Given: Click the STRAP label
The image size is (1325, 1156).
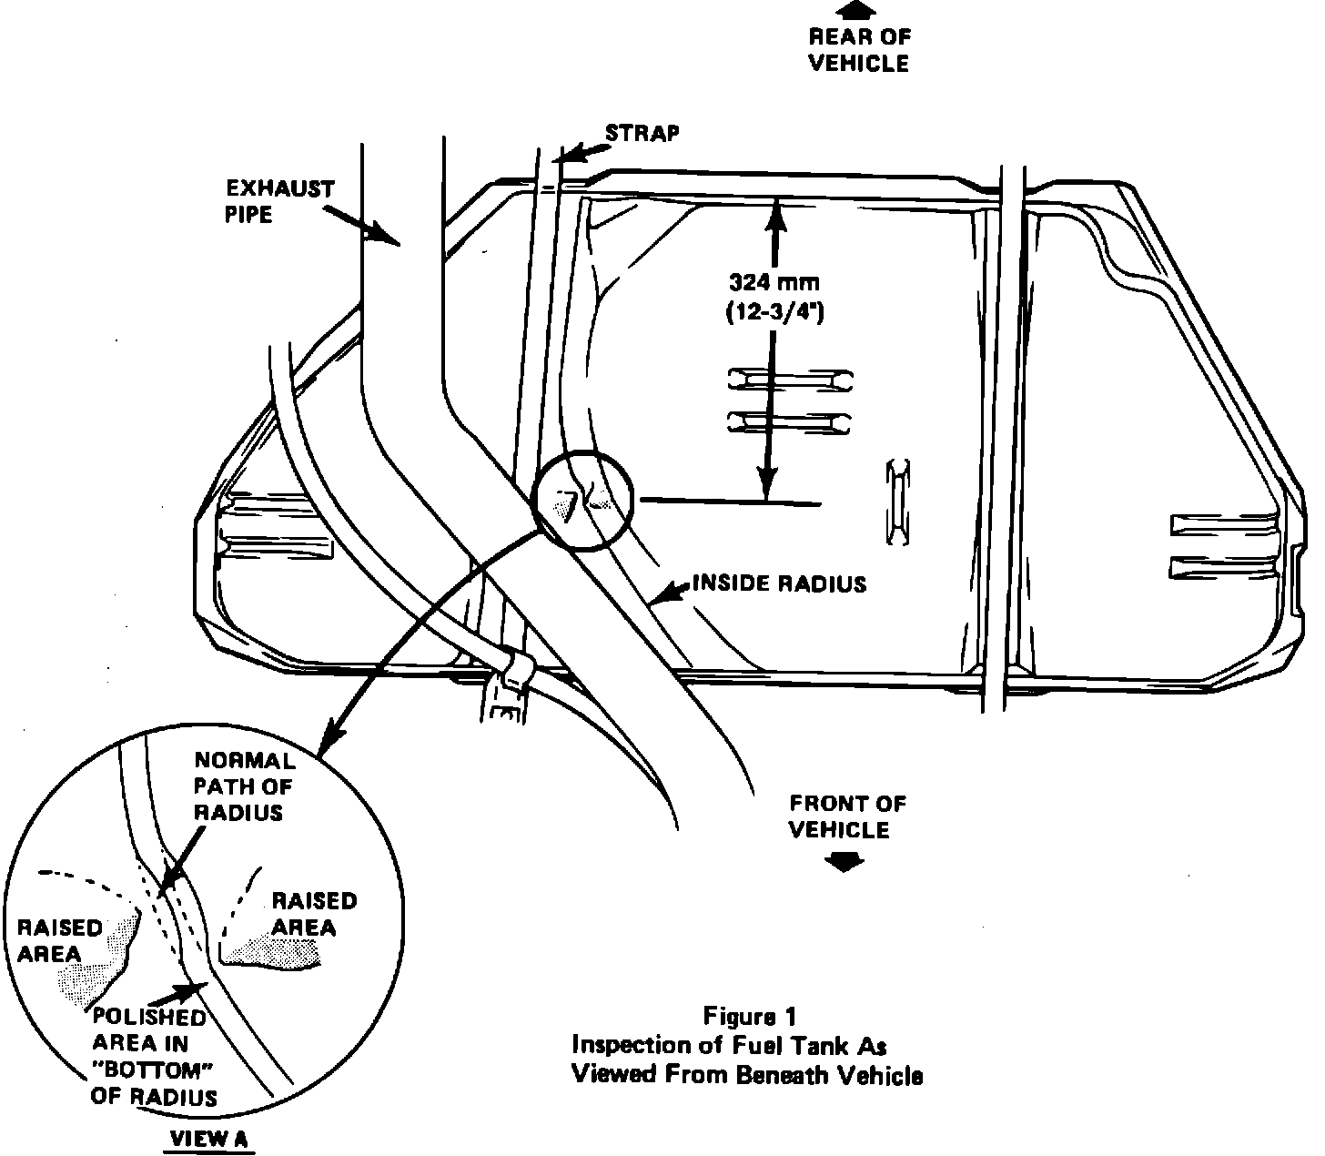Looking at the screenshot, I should (x=642, y=133).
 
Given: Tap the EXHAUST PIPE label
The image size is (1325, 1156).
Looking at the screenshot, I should (x=280, y=202).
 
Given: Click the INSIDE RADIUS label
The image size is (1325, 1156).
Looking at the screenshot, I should (x=780, y=583).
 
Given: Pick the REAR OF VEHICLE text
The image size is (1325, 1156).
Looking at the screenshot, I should (x=858, y=50).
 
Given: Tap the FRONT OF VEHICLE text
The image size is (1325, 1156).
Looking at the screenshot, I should (x=847, y=816).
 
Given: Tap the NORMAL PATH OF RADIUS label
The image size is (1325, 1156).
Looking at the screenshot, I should (x=244, y=786).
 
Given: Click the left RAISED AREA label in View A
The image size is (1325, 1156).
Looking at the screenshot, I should (x=60, y=941).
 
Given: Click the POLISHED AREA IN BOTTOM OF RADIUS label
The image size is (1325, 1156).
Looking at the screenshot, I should (x=153, y=1056).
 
